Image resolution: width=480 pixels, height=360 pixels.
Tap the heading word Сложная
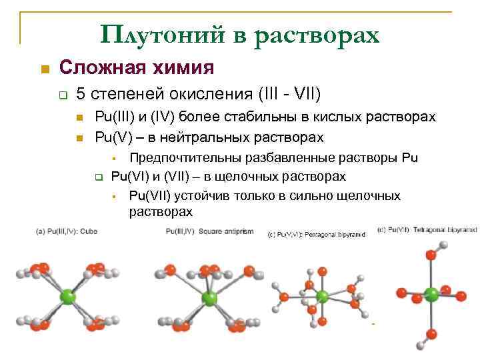pos(101,68)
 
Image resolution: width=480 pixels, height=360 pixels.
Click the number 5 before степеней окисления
pos(81,93)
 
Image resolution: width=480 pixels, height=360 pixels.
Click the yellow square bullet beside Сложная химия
pos(45,69)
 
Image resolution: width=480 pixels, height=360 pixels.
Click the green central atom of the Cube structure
pos(67,296)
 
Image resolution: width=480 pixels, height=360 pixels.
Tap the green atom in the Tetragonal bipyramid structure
pos(431,293)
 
